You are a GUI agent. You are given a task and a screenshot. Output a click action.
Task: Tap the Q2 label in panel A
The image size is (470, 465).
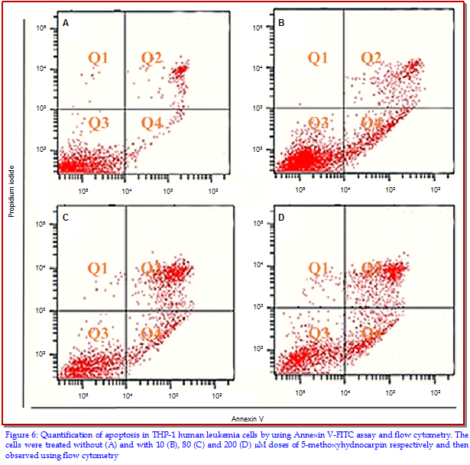coord(152,58)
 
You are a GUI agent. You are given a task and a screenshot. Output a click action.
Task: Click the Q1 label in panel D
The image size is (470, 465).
coord(319,267)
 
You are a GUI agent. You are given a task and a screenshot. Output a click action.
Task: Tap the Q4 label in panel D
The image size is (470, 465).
coord(372,333)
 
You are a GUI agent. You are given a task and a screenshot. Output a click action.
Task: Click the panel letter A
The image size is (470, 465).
coord(66,24)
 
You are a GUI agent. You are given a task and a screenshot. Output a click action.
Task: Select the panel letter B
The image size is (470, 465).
coord(281,24)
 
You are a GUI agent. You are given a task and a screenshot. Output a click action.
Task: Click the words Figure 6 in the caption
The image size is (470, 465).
coord(20,434)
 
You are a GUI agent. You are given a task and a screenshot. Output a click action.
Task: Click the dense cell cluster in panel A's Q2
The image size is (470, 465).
coord(179,71)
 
